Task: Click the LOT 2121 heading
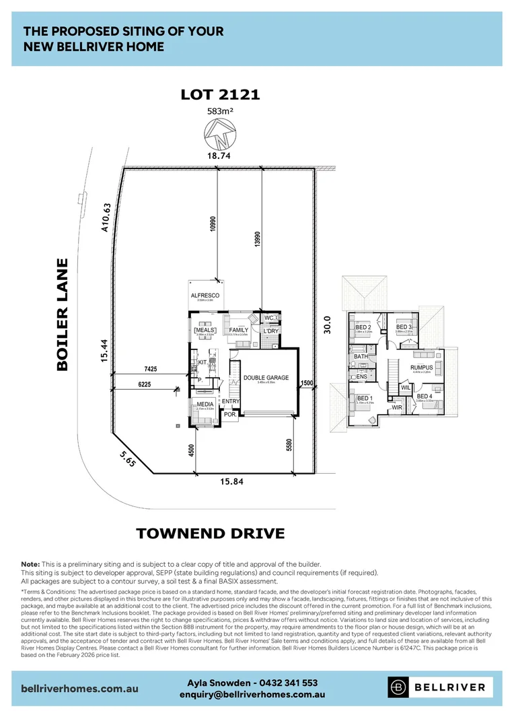point(220,94)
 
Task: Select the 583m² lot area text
point(220,112)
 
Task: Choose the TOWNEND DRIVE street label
point(211,534)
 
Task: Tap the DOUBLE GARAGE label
point(266,378)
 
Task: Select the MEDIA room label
point(204,404)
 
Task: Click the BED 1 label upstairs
point(365,399)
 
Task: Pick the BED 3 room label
point(403,327)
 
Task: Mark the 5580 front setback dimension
point(290,446)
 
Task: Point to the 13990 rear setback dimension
point(256,240)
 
